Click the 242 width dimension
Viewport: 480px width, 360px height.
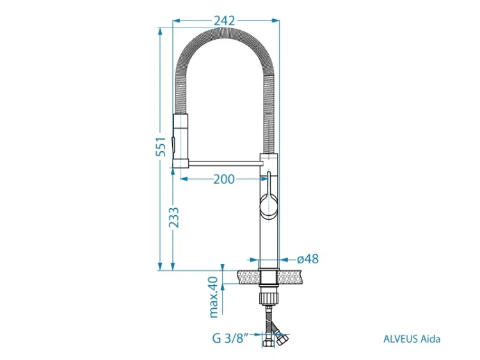pos(224,20)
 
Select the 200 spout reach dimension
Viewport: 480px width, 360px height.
pos(224,179)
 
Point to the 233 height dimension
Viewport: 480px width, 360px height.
pos(174,217)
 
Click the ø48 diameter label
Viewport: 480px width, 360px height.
pos(308,259)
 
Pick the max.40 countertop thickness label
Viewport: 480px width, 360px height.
pos(214,297)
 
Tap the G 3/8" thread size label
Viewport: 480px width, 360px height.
pos(232,339)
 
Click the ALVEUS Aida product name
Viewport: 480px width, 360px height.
pos(412,339)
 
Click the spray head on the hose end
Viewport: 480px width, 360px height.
pos(181,141)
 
